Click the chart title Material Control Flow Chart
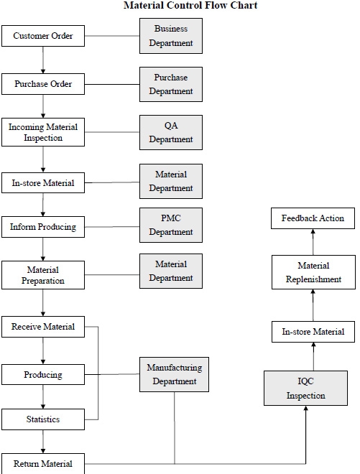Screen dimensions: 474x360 tap(180, 6)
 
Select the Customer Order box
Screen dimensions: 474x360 tap(43, 36)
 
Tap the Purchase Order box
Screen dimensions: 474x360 tap(43, 84)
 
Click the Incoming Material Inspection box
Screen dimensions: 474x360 tap(43, 132)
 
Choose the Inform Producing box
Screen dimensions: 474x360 tap(43, 228)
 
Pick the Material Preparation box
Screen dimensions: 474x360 tap(43, 275)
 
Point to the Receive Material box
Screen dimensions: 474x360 tap(43, 327)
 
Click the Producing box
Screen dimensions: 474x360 tap(43, 375)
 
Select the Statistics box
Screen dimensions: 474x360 tap(43, 419)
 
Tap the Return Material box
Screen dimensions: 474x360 tap(43, 463)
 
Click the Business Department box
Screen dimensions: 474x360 tap(171, 36)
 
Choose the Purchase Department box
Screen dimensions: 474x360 tap(171, 84)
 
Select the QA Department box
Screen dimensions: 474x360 tap(171, 132)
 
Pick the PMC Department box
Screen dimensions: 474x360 tap(171, 225)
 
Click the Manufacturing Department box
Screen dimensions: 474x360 tap(175, 374)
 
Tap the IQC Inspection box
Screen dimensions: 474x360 tap(306, 389)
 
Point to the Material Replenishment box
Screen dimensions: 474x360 tap(313, 273)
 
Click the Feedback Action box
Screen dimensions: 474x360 tap(313, 218)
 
